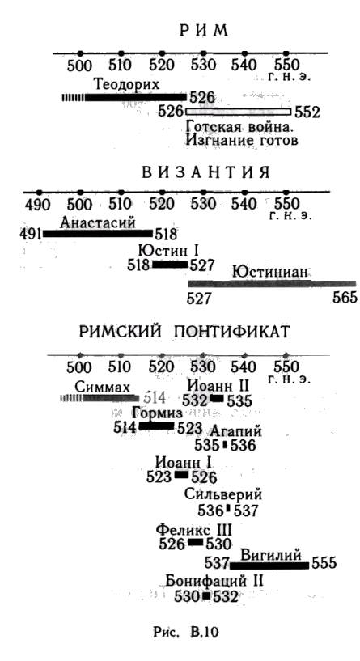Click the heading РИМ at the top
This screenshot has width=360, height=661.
204,32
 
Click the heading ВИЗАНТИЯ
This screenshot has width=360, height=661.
205,173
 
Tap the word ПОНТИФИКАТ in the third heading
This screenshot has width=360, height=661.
231,332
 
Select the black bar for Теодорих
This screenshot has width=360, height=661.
135,97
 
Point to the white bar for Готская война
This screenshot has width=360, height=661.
238,112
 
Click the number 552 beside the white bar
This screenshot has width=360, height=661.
307,112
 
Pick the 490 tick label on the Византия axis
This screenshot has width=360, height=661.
37,205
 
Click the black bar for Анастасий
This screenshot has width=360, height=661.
98,234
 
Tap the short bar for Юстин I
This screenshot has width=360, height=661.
170,265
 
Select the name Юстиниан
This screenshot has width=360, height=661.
270,273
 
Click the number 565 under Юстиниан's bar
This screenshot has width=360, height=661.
345,298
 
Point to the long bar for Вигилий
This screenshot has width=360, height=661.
269,566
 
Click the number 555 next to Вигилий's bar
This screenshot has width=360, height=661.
324,563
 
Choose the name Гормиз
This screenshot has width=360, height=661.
157,413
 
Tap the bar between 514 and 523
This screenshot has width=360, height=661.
156,426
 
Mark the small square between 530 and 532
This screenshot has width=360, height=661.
206,596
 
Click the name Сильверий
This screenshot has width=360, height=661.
223,494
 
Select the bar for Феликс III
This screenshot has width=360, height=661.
195,542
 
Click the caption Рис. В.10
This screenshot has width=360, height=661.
186,633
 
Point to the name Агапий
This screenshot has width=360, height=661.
235,431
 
